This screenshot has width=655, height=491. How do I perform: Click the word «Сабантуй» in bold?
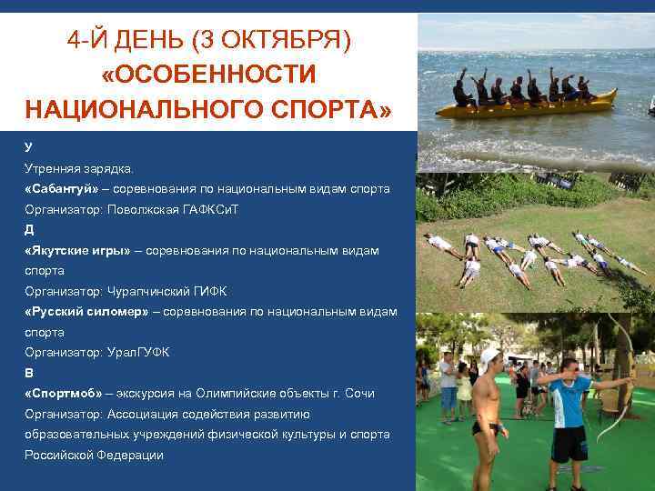(x=62, y=188)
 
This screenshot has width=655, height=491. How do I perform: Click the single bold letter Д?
(x=29, y=229)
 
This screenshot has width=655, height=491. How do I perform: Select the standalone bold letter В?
(x=29, y=373)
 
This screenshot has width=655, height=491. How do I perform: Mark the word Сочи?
(x=357, y=394)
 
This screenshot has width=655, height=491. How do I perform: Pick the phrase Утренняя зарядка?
(x=78, y=168)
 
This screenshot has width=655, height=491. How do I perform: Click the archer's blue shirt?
(x=570, y=401)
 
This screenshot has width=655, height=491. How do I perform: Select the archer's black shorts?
(x=569, y=444)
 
